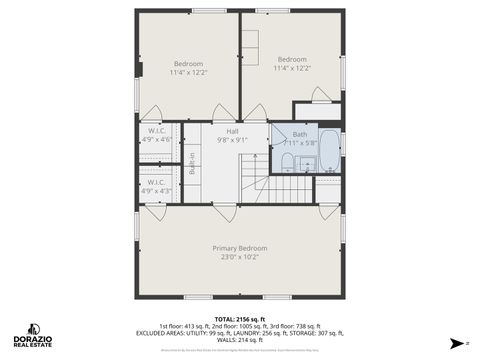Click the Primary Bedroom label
240,247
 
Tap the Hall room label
232,131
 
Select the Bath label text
300,134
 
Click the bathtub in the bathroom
329,150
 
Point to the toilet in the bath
287,162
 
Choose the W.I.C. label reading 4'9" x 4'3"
156,184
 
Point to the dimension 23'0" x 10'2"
240,257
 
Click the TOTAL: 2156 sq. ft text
240,318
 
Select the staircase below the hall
290,187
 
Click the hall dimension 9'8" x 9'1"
232,140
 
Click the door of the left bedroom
152,113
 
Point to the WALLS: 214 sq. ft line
240,340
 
